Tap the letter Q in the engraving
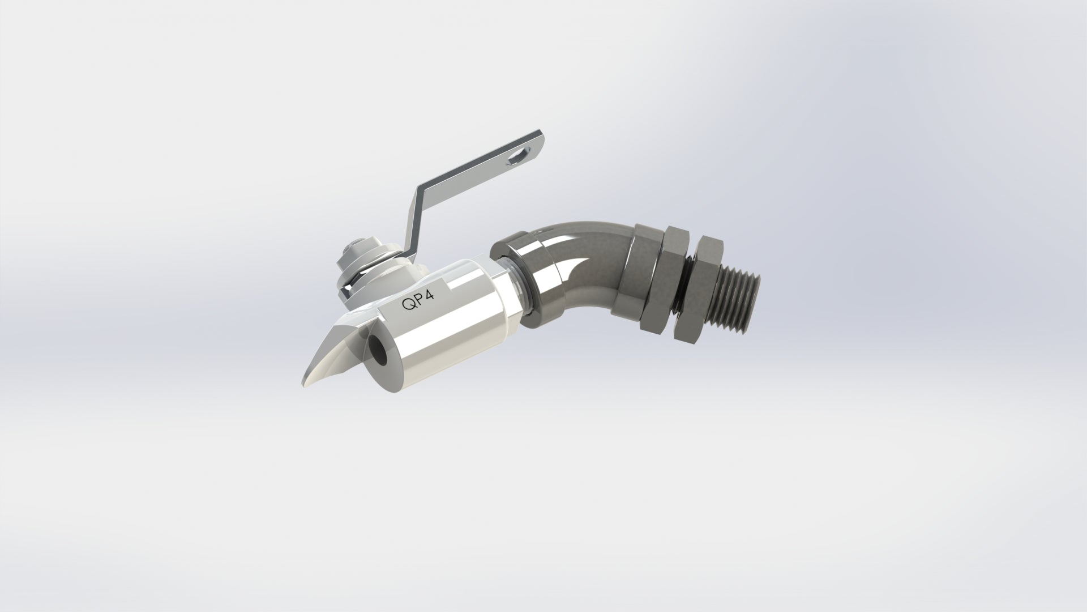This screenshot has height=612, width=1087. click(x=408, y=305)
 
